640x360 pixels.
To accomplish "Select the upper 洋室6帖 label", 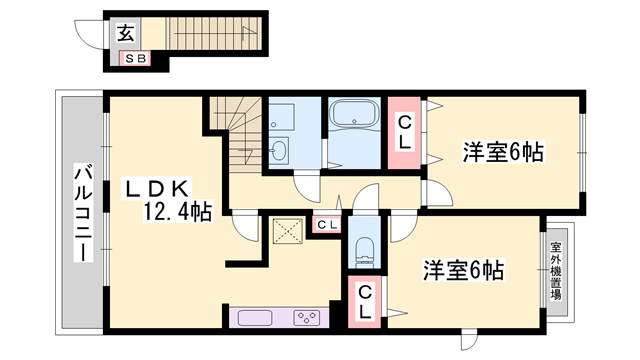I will pyautogui.click(x=502, y=153).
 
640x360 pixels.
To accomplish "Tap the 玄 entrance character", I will pyautogui.click(x=127, y=33).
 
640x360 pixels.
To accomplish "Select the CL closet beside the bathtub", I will pyautogui.click(x=404, y=133).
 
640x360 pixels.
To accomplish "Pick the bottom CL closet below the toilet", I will pyautogui.click(x=366, y=303).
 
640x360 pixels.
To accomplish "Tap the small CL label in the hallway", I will pyautogui.click(x=328, y=224).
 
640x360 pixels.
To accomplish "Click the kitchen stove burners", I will pyautogui.click(x=306, y=319).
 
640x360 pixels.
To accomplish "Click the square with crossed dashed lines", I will pyautogui.click(x=290, y=232).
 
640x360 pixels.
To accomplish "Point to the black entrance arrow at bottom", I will pyautogui.click(x=462, y=346).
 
